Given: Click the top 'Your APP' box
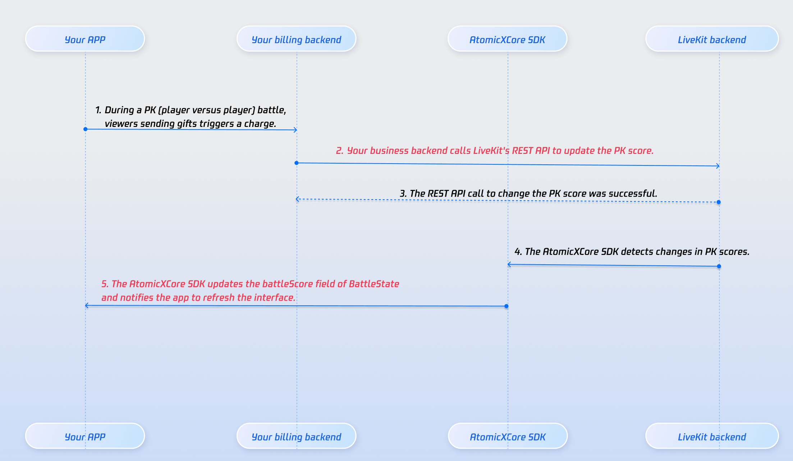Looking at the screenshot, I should (85, 39).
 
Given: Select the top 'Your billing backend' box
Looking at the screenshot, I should (296, 39).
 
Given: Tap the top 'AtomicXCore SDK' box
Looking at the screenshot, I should (507, 39).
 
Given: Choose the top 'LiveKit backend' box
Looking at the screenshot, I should (712, 39).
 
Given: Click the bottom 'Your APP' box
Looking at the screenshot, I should (85, 436).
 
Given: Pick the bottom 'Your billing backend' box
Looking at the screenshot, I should (296, 436).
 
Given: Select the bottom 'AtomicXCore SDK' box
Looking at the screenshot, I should (508, 436).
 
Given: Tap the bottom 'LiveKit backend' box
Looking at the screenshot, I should (712, 436).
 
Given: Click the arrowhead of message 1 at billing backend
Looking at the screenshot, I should (295, 130).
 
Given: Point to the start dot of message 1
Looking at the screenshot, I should (85, 129).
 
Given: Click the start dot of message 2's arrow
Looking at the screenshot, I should (297, 163).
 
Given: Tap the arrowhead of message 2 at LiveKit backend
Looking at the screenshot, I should (718, 166).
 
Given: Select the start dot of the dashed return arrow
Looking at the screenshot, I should (719, 202).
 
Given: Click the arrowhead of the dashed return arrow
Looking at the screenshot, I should (297, 199).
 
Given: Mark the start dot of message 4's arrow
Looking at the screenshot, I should (719, 266).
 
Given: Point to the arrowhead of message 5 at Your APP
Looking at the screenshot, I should (87, 306).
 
